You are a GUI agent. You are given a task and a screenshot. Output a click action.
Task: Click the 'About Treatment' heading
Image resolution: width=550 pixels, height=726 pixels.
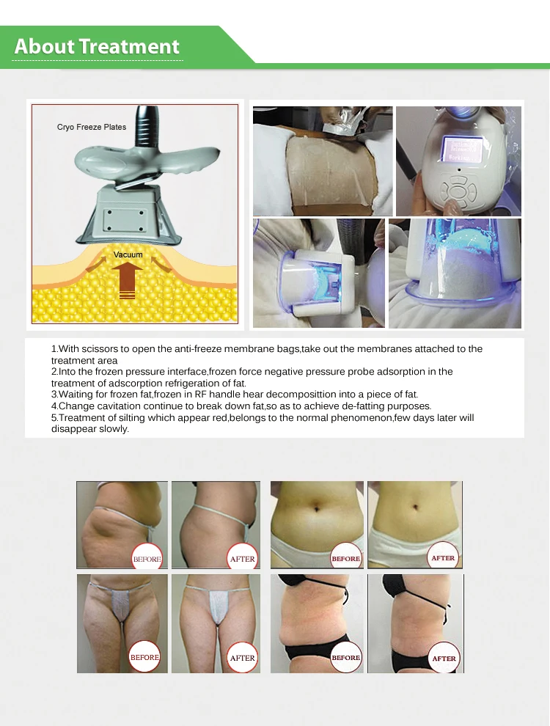[x=97, y=46]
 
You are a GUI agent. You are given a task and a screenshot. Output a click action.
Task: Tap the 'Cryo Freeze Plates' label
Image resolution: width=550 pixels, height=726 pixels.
[x=92, y=127]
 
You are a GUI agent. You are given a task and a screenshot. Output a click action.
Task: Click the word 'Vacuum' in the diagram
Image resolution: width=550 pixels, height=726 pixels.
[x=128, y=254]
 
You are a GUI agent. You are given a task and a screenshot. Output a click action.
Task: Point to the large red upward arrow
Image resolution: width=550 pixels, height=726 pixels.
[x=128, y=281]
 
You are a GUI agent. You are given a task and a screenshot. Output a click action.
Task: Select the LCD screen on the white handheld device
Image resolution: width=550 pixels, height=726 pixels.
[x=461, y=149]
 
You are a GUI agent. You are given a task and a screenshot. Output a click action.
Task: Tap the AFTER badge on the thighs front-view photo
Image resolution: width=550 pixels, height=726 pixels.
[x=243, y=658]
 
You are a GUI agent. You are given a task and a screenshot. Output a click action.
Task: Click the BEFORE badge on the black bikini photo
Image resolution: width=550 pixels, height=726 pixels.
[x=346, y=658]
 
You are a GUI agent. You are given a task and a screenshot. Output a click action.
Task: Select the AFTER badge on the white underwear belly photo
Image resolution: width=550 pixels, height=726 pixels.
[x=443, y=558]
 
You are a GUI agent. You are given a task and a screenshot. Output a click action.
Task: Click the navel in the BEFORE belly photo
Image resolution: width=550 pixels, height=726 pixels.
[x=316, y=509]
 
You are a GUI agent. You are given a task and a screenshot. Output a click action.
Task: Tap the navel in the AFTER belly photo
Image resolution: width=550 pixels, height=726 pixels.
[x=415, y=507]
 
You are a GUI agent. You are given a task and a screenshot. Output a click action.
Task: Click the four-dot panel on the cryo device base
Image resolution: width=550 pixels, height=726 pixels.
[x=125, y=221]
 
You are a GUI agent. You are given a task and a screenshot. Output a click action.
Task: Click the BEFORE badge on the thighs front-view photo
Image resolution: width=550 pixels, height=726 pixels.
[x=144, y=657]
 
